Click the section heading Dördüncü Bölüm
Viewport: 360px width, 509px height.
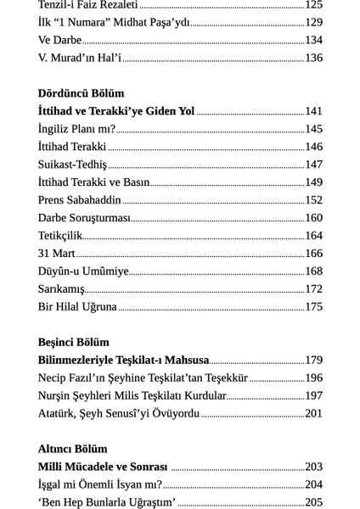pyautogui.click(x=81, y=93)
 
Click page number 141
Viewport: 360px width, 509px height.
pyautogui.click(x=313, y=111)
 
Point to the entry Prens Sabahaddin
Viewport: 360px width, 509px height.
pyautogui.click(x=80, y=200)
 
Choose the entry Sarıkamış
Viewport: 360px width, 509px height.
pyautogui.click(x=61, y=289)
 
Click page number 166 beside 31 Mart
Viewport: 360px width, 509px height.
pyautogui.click(x=313, y=254)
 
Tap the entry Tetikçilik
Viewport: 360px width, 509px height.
pyautogui.click(x=60, y=236)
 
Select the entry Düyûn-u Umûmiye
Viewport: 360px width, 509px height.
pyautogui.click(x=83, y=271)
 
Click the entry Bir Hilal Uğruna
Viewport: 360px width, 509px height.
pyautogui.click(x=77, y=307)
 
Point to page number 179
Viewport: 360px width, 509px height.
pyautogui.click(x=313, y=361)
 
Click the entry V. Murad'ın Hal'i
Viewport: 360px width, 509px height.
pyautogui.click(x=80, y=58)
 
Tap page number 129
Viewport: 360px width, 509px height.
pyautogui.click(x=313, y=22)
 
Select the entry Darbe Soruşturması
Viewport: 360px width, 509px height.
pyautogui.click(x=84, y=218)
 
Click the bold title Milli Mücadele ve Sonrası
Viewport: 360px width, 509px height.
pyautogui.click(x=103, y=467)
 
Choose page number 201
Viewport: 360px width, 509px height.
pyautogui.click(x=313, y=414)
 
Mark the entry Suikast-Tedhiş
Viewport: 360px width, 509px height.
pyautogui.click(x=72, y=165)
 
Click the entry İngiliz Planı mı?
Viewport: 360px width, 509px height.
pyautogui.click(x=76, y=129)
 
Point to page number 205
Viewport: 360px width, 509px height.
pyautogui.click(x=313, y=502)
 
